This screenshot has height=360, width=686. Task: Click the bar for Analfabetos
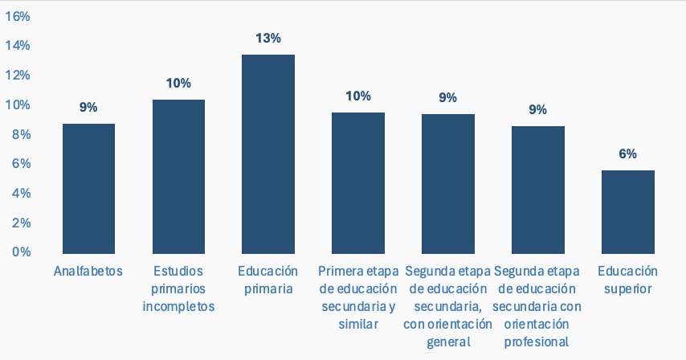(88, 188)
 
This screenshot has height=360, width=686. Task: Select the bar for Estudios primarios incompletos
(178, 176)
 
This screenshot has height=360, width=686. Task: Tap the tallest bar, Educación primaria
(268, 153)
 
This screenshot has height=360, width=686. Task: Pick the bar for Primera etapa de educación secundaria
(358, 182)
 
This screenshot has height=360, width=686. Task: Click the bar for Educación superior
(628, 211)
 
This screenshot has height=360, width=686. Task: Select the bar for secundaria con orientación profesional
(538, 189)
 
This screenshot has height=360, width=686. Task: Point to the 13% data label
(268, 38)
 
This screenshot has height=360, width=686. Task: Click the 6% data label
(628, 153)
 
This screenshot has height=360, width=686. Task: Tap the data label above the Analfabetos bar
(88, 107)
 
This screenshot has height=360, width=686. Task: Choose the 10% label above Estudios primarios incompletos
(178, 83)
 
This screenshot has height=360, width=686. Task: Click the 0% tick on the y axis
(20, 252)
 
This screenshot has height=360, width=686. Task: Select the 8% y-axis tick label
(20, 134)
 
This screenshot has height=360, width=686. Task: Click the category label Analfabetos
(88, 271)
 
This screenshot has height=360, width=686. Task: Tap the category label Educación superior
(628, 280)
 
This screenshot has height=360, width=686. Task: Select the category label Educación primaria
(268, 280)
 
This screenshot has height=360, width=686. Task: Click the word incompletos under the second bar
(178, 306)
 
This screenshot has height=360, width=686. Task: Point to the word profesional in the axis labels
(538, 342)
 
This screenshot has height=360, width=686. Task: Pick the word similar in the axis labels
(358, 324)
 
